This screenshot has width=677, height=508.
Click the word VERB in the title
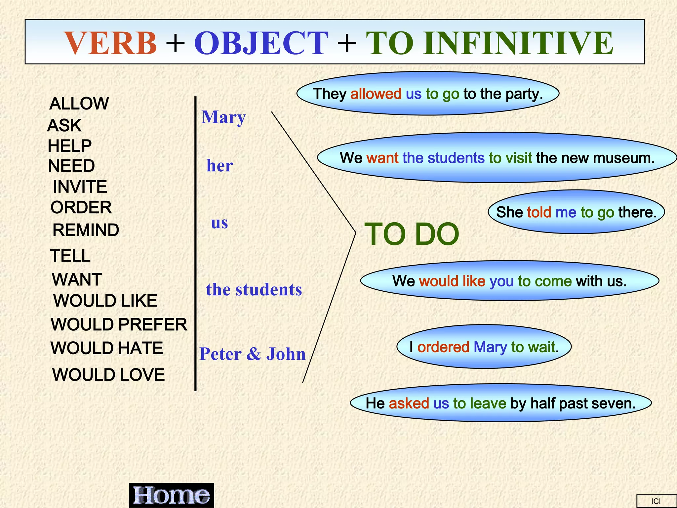click(110, 43)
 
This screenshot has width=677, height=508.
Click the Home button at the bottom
click(171, 495)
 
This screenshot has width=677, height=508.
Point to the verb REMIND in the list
click(86, 230)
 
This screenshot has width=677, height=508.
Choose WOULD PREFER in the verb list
click(119, 324)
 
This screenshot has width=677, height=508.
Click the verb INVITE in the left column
click(80, 187)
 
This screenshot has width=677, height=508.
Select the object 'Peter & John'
click(253, 354)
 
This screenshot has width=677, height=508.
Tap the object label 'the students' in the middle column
click(254, 290)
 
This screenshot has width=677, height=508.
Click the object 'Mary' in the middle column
click(224, 117)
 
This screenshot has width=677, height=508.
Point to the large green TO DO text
click(412, 234)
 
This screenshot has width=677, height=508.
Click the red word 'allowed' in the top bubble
click(376, 94)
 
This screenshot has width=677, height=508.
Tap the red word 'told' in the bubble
click(539, 212)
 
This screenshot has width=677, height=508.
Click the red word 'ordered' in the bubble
click(443, 347)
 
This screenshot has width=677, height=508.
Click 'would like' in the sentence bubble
click(452, 281)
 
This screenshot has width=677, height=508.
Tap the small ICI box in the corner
click(656, 501)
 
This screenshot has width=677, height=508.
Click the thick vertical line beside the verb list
click(195, 245)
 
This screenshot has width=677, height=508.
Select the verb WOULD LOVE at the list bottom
click(108, 375)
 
